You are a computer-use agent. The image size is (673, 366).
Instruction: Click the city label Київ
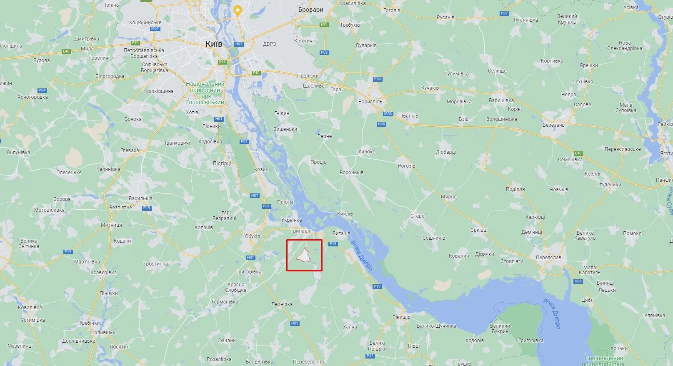tap(214, 44)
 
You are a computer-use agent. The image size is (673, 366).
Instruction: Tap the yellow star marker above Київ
tap(238, 10)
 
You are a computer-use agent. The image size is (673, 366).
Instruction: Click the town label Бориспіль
tap(370, 102)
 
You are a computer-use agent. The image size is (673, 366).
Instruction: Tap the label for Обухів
tap(253, 236)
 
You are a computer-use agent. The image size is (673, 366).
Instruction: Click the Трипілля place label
tap(301, 231)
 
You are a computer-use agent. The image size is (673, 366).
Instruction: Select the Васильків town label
tap(140, 198)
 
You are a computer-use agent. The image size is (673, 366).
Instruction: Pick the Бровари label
tap(311, 10)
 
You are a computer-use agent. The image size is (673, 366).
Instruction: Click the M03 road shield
tap(388, 114)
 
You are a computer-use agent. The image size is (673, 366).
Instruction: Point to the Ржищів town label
tap(402, 317)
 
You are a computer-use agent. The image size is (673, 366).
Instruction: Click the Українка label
tap(292, 220)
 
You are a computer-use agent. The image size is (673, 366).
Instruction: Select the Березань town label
tap(553, 125)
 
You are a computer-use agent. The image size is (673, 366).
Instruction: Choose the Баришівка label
tap(501, 100)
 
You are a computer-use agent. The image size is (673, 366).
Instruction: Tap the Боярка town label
tap(133, 119)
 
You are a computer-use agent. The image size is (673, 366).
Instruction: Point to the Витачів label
tap(341, 233)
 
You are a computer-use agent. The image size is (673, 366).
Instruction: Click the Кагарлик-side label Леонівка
tap(282, 304)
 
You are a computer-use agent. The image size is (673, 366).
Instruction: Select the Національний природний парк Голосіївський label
tap(205, 93)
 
